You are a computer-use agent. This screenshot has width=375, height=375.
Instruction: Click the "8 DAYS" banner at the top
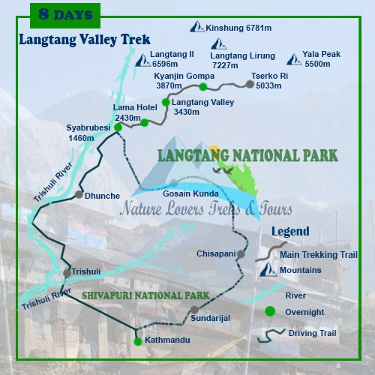[x=64, y=13]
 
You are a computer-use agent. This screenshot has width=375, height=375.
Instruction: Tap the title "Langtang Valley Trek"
[x=84, y=40]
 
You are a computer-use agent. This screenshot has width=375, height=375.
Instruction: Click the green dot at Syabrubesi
[x=118, y=127]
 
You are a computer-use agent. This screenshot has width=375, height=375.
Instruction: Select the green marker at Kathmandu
[x=137, y=341]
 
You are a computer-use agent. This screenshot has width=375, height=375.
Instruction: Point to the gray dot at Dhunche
[x=79, y=194]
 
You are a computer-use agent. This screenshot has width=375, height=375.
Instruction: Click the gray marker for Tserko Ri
[x=250, y=84]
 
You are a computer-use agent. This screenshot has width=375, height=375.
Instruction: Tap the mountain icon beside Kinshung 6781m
[x=197, y=28]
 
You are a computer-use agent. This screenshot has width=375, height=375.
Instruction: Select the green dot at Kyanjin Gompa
[x=203, y=87]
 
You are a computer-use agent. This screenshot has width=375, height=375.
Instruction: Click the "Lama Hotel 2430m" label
[x=135, y=112]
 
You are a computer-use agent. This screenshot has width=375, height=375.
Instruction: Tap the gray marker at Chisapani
[x=241, y=254]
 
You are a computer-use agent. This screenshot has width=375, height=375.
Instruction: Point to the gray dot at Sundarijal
[x=194, y=309]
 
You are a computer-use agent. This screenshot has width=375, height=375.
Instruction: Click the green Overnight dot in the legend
[x=270, y=310]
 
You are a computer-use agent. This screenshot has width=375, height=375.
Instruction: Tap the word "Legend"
[x=290, y=232]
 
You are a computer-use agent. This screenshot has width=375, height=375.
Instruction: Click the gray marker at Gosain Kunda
[x=175, y=182]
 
